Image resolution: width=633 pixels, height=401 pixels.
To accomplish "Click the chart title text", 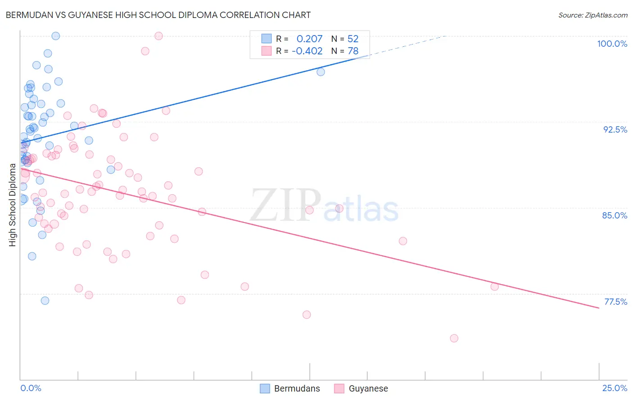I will click(x=158, y=15).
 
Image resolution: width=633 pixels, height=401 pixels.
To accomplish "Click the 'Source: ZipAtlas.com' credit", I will click(x=592, y=15).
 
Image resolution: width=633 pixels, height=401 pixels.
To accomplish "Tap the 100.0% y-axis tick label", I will click(x=612, y=44).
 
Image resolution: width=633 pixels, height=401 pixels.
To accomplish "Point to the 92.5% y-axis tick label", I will click(x=615, y=129).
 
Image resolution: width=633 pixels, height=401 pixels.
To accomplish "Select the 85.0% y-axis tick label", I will click(x=615, y=215).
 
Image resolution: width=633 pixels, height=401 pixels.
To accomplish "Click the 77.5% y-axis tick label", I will click(x=615, y=302).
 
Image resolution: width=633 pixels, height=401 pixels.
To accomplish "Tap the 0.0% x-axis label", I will click(x=31, y=388).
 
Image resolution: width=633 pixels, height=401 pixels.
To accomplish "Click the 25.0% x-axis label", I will click(x=615, y=388).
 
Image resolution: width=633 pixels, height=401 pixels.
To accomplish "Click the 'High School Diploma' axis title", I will click(x=13, y=205).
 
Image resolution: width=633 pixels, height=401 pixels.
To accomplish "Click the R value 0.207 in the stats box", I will click(x=309, y=39).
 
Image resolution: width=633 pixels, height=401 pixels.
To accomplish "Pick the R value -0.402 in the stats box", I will click(x=307, y=51).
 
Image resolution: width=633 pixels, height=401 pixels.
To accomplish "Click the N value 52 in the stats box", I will click(x=353, y=39).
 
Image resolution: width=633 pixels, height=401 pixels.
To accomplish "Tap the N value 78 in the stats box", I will click(x=353, y=51).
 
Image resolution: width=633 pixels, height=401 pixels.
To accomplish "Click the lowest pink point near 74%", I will click(x=454, y=338).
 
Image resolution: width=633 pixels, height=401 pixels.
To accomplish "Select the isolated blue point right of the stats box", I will click(x=321, y=72).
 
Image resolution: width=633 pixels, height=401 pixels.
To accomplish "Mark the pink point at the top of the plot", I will click(x=158, y=36).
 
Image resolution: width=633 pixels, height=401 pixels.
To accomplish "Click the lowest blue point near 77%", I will click(x=45, y=301).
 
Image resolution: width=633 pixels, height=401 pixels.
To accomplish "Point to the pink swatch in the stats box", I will click(x=267, y=51).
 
